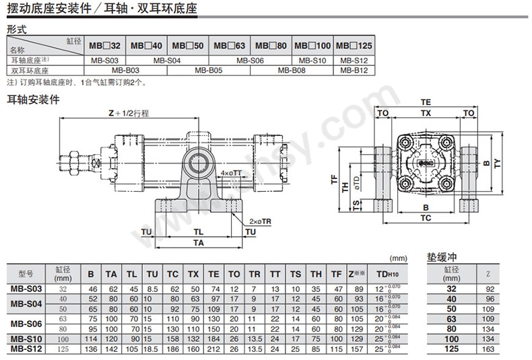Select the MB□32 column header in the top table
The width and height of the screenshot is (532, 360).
pyautogui.click(x=104, y=46)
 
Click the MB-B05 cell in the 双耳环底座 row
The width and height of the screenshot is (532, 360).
pyautogui.click(x=209, y=69)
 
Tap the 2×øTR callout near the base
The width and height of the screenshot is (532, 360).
pyautogui.click(x=258, y=221)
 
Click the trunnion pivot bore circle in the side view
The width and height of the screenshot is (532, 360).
pyautogui.click(x=198, y=162)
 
